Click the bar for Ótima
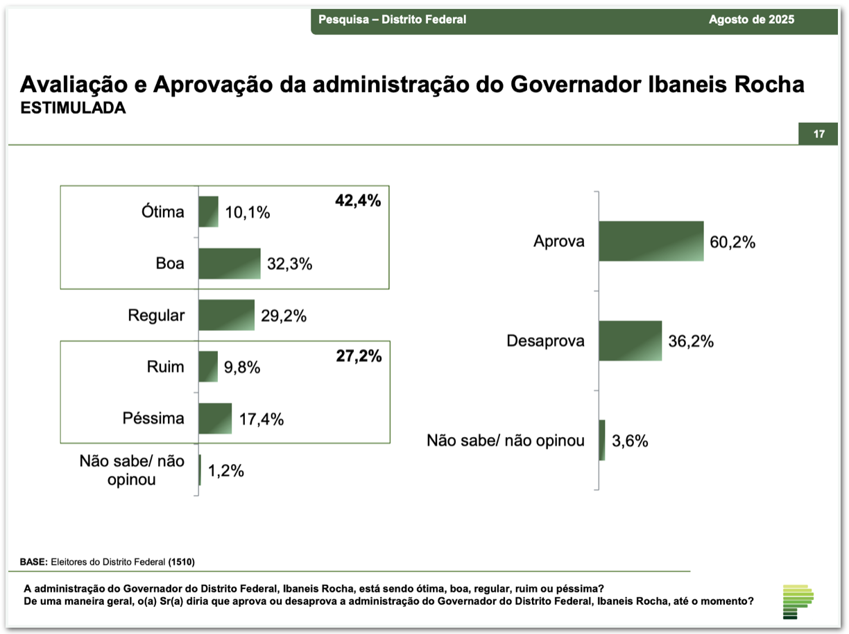209,212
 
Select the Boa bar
230,264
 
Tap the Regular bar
227,316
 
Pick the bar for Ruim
208,367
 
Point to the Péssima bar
215,419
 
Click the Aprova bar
651,241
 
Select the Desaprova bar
631,341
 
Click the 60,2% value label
732,242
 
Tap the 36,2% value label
691,341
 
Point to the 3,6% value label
630,440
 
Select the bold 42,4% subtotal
358,201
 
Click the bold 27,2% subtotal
358,357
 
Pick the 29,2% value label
284,316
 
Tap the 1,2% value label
226,471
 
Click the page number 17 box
818,134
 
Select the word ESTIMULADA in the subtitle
73,108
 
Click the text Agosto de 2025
751,19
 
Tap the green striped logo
798,601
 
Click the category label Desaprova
545,341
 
